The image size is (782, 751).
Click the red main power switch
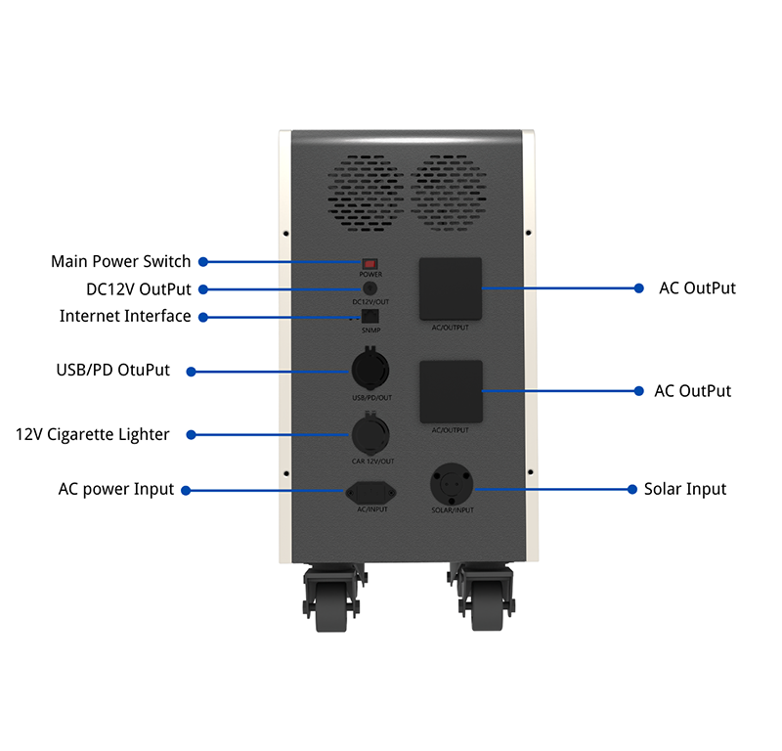pos(369,263)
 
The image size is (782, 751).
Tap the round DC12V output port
pos(369,288)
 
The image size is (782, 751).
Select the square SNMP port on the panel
pos(369,317)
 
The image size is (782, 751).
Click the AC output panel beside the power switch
pos(451,288)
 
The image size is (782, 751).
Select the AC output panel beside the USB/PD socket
pos(451,391)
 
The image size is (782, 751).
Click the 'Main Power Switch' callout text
pos(121,262)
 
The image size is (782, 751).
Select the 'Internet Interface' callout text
pos(125,316)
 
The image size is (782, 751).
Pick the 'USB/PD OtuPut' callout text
pos(112,371)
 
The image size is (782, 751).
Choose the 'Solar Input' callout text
pos(685,489)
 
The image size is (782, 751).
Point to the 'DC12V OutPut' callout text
pos(138,289)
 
